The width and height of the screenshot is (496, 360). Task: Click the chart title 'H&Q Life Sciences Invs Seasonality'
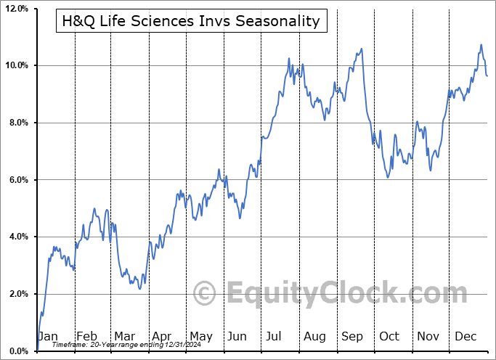191,21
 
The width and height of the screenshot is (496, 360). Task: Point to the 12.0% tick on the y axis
16,9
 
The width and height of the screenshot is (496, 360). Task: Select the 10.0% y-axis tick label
16,65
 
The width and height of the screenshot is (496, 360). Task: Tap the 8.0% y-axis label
17,123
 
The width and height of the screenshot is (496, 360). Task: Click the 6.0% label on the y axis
17,180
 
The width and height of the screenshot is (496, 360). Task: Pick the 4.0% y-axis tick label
17,237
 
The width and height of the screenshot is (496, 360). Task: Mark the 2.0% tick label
17,294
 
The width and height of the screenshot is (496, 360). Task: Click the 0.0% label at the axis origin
17,351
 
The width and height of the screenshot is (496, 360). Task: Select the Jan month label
47,336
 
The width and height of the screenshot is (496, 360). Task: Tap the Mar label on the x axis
124,336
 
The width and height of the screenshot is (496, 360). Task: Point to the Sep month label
352,336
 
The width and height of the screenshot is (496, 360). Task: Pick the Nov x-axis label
428,336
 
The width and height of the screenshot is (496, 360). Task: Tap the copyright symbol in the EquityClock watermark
205,294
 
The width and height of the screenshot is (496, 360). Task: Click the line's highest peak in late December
481,45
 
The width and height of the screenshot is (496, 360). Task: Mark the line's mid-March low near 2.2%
139,288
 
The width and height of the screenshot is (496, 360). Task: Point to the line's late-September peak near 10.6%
361,49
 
